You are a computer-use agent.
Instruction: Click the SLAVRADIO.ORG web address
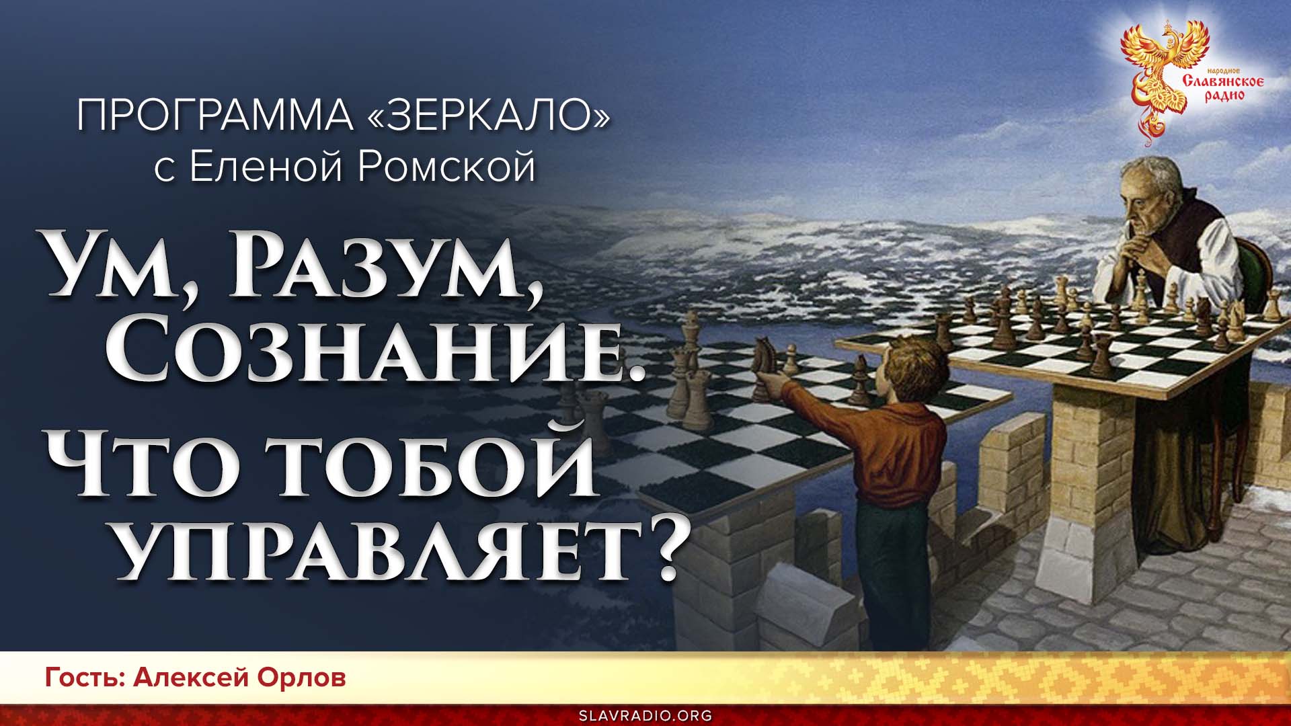tap(645, 715)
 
